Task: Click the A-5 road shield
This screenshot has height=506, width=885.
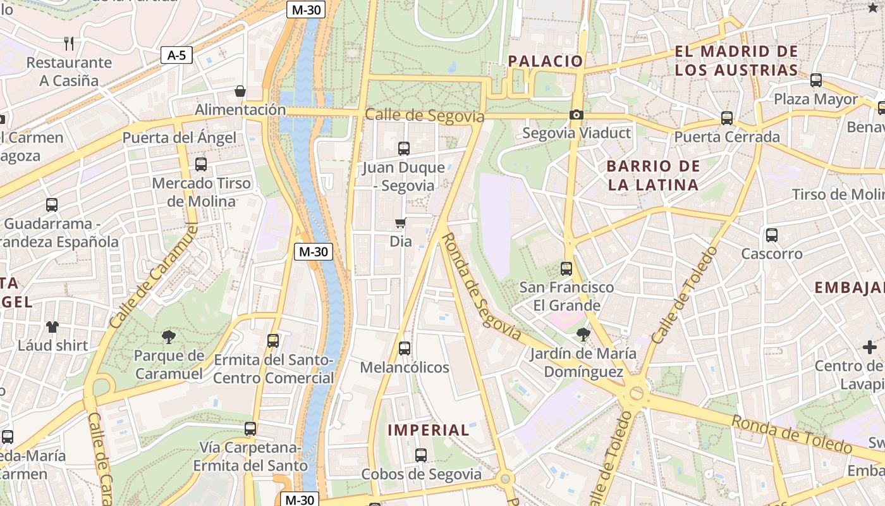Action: coord(176,55)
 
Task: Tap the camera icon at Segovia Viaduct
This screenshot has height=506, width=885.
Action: coord(576,114)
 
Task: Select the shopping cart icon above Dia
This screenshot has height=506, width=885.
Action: coord(400,223)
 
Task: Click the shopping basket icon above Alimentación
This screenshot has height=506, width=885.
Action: coord(240,91)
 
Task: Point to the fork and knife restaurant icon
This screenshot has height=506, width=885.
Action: coord(70,44)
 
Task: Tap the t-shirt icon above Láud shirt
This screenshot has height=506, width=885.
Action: coord(52,327)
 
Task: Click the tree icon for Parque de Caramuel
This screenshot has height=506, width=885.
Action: coord(168,336)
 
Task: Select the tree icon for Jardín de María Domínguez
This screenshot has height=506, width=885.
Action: coord(583,334)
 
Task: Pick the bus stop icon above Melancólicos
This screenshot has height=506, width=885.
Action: coord(405,349)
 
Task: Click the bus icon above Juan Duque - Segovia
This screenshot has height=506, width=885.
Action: coord(404,149)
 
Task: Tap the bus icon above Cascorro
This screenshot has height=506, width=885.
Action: coord(771,235)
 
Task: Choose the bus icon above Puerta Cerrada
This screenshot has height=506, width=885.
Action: coord(727,118)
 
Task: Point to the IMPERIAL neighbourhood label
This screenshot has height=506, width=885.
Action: coord(429,430)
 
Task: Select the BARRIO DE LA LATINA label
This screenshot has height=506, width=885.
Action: coord(653,175)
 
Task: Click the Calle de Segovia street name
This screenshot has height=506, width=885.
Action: coord(425,116)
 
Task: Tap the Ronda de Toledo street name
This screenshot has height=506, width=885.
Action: coord(792,435)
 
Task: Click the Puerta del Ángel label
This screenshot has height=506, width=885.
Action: coord(179,138)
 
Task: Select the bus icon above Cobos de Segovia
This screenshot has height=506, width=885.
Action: coord(421,455)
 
